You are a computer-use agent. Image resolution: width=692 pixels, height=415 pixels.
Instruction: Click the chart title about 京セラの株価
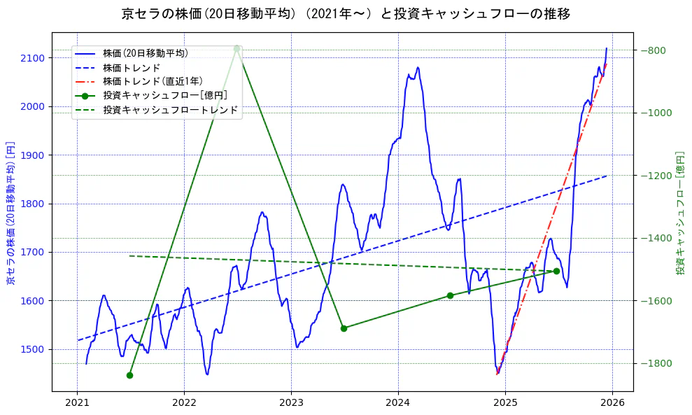pos(346,14)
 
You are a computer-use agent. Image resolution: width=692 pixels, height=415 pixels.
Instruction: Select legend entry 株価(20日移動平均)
pos(145,52)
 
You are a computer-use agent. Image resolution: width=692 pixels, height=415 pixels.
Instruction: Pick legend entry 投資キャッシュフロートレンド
pos(170,110)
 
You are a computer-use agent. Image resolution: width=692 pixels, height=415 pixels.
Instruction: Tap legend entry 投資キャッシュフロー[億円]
pos(164,95)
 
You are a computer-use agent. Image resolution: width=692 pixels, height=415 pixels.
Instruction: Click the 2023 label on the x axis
pos(291,404)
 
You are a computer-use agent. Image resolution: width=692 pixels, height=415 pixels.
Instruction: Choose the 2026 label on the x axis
pos(612,404)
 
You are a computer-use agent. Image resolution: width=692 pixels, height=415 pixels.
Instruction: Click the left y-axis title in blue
pos(10,212)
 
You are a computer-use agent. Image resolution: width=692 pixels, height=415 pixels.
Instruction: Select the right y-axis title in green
pos(680,212)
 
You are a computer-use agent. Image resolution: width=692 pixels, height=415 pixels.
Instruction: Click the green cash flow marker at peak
pos(236,49)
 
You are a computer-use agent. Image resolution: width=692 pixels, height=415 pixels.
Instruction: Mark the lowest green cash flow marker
pos(129,375)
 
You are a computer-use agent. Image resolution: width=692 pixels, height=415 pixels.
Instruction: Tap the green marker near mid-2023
pos(344,328)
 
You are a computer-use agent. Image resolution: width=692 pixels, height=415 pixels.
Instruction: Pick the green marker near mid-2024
pos(450,295)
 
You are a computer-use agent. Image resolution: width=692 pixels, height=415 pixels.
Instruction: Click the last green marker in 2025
pos(556,271)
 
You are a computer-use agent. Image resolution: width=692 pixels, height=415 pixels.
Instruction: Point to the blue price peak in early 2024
pos(418,68)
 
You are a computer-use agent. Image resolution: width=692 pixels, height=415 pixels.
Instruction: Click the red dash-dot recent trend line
pos(553,210)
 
